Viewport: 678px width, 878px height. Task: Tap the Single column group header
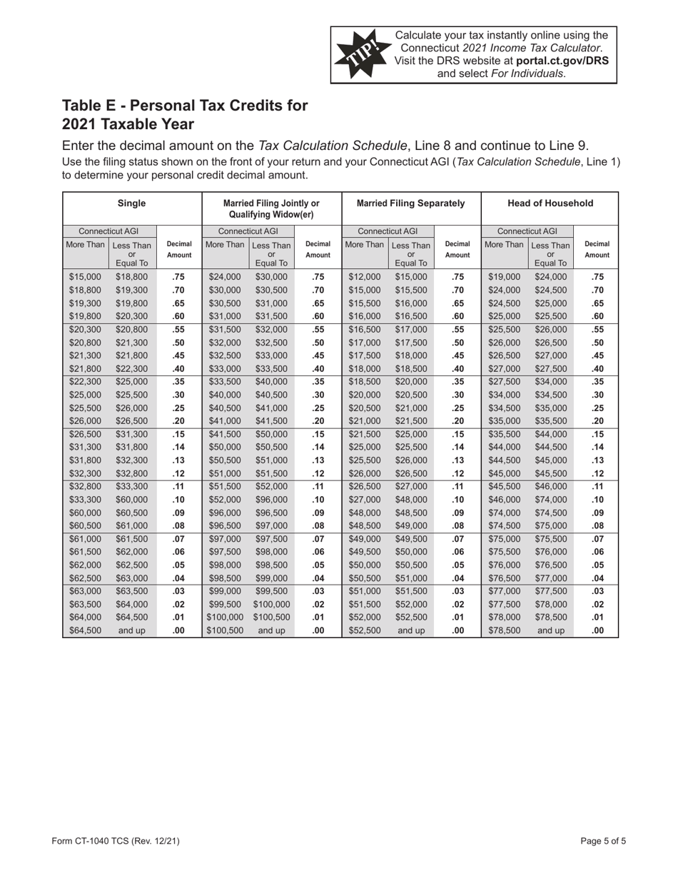coord(131,203)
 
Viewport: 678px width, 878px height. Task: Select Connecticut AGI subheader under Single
coord(108,231)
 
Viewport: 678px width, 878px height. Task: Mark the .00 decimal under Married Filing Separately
coord(457,630)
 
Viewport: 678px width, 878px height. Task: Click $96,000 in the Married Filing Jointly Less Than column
coord(271,476)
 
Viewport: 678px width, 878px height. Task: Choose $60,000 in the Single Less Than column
coord(131,476)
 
